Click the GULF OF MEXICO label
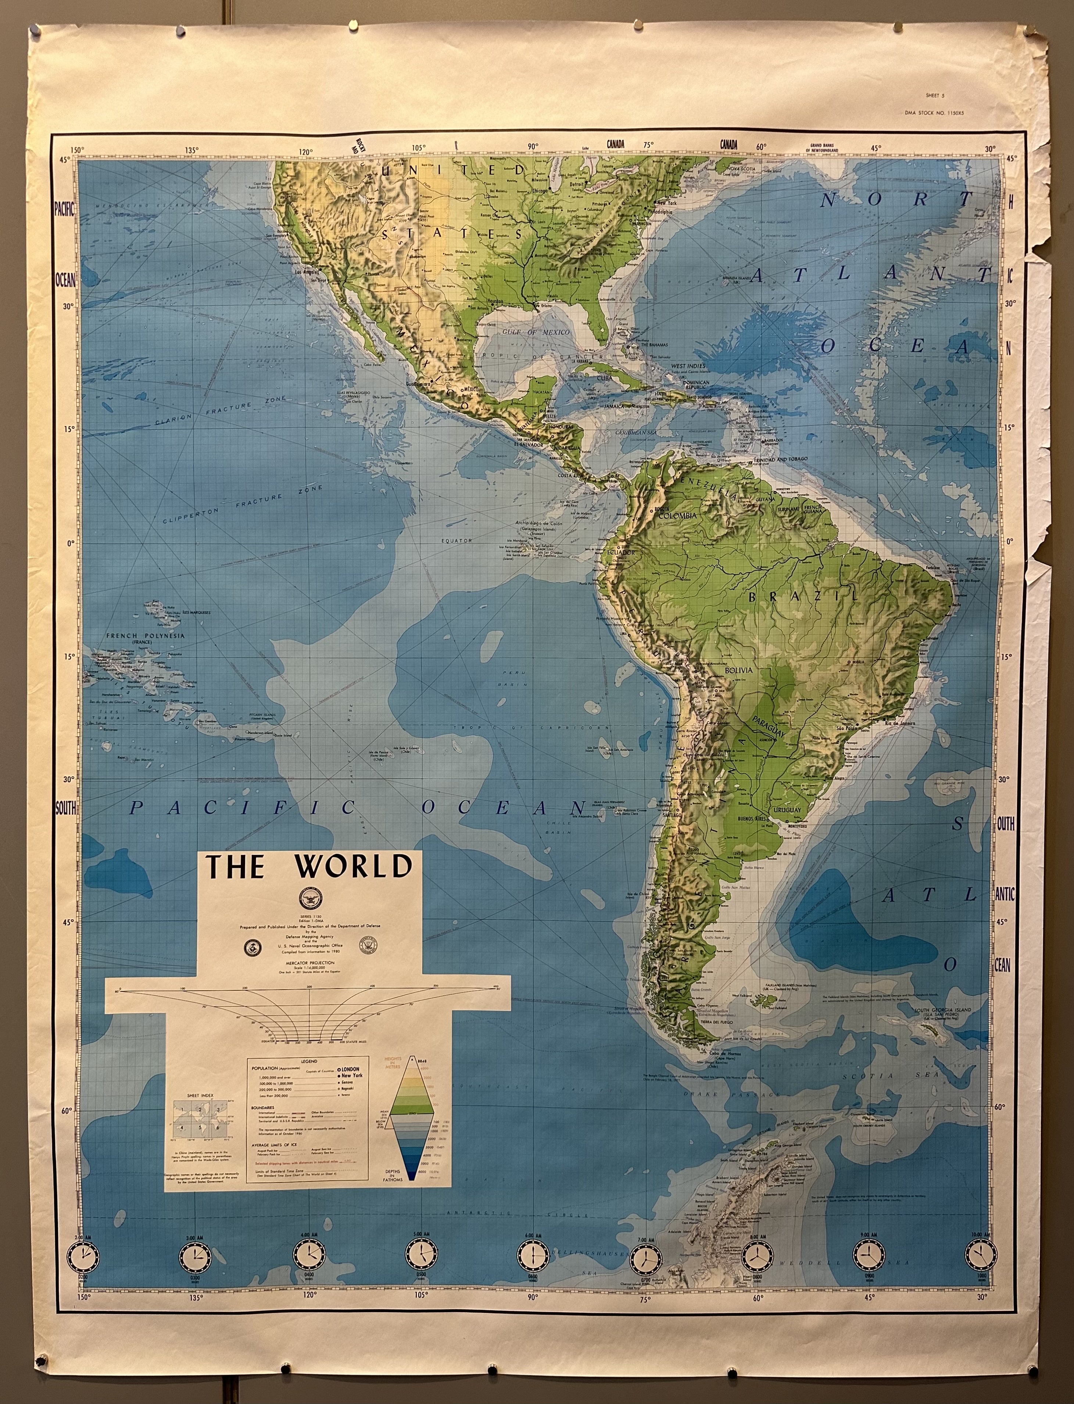[x=536, y=332]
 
